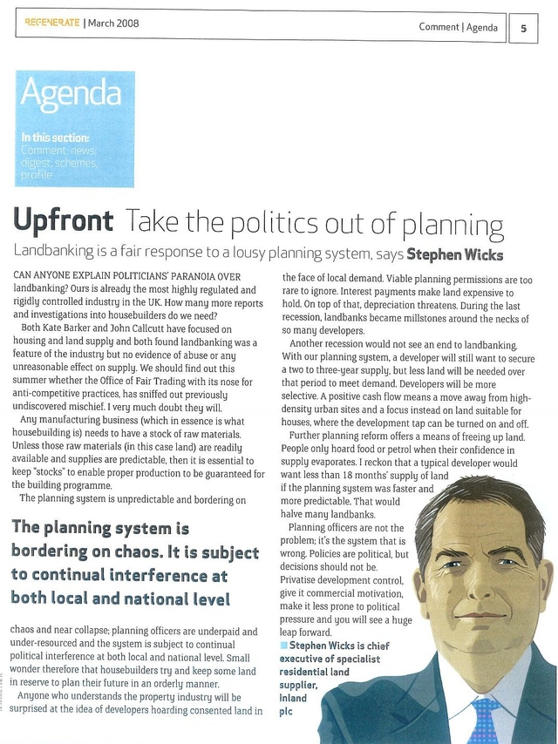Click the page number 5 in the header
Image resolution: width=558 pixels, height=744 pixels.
pos(524,26)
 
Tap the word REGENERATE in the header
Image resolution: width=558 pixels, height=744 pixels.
pos(51,24)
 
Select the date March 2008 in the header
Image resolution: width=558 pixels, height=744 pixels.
pos(113,24)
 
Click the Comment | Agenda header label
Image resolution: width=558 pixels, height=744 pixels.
pos(458,27)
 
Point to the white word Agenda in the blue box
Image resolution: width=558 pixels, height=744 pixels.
pos(71,93)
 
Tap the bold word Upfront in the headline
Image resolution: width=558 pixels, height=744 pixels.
pos(62,220)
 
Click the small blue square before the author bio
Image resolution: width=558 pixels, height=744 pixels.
pos(283,646)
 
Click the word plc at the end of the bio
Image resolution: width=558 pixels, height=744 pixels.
pos(288,711)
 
